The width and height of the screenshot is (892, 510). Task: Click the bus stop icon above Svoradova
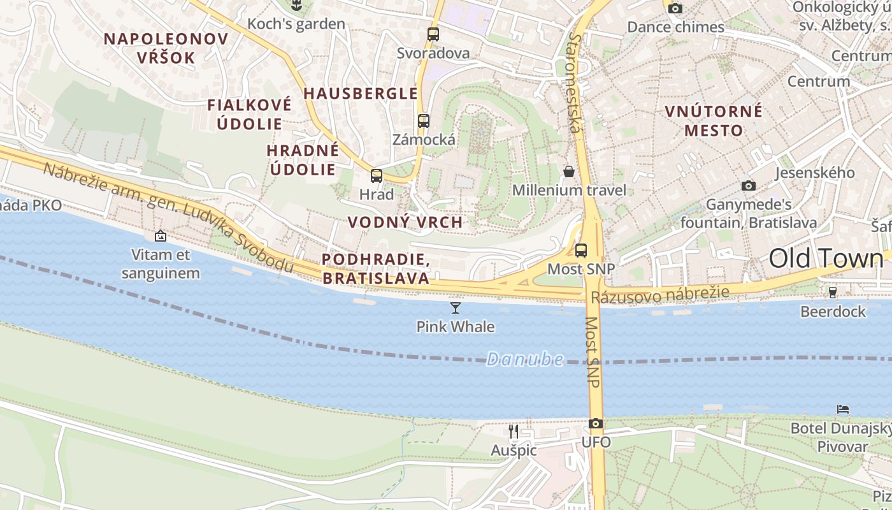point(433,34)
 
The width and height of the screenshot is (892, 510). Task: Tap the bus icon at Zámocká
point(424,120)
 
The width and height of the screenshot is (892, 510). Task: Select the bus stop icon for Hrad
point(377,176)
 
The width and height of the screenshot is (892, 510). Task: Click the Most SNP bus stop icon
point(580,250)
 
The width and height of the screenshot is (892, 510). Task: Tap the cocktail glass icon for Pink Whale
point(455,308)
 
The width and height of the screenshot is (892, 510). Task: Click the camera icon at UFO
point(596,423)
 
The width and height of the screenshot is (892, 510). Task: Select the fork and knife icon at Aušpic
point(514,432)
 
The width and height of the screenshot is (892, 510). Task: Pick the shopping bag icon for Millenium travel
point(569,171)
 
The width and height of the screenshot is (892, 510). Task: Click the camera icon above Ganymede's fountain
point(749,186)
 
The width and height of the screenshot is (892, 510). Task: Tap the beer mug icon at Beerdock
point(832,293)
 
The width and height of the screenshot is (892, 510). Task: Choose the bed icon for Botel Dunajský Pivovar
point(843,409)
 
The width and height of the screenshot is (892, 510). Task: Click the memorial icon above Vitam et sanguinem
point(161,236)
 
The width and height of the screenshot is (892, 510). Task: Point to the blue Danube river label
point(525,360)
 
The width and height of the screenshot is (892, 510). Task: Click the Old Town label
point(826,258)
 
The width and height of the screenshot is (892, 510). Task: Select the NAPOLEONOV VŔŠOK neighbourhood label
point(166,48)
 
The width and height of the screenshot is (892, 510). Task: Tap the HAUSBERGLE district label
point(361,93)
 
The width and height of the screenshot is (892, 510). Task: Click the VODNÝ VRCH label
point(405,222)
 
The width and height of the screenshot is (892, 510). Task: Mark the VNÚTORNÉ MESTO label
point(714,120)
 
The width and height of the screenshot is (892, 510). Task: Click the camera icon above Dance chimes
point(675,8)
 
